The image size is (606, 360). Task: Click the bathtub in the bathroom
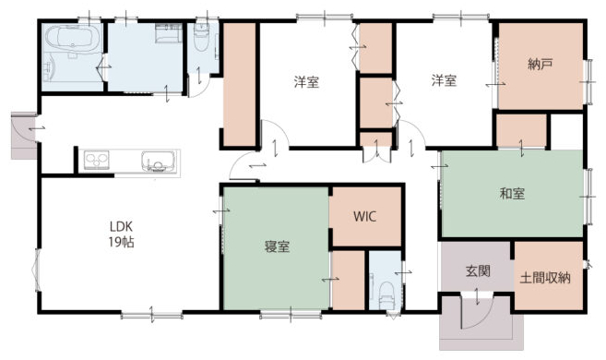pyautogui.click(x=73, y=40)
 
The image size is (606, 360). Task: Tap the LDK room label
pyautogui.click(x=121, y=226)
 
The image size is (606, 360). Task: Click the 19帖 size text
pyautogui.click(x=121, y=242)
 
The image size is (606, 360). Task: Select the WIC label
pyautogui.click(x=365, y=217)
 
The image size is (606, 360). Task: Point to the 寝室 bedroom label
pyautogui.click(x=277, y=246)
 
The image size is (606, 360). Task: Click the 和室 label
pyautogui.click(x=512, y=193)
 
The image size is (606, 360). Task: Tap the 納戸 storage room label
pyautogui.click(x=540, y=65)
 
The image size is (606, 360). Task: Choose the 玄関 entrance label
pyautogui.click(x=478, y=271)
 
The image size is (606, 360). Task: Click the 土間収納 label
pyautogui.click(x=545, y=278)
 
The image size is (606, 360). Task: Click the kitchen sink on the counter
pyautogui.click(x=158, y=162)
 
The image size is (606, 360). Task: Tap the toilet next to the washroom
pyautogui.click(x=201, y=38)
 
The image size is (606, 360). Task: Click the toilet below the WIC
pyautogui.click(x=386, y=294)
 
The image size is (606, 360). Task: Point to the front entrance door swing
pyautogui.click(x=475, y=312)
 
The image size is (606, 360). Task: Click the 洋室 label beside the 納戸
pyautogui.click(x=444, y=80)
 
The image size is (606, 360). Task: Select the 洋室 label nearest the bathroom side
pyautogui.click(x=306, y=82)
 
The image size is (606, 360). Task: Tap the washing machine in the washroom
pyautogui.click(x=169, y=33)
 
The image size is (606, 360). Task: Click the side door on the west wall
pyautogui.click(x=24, y=136)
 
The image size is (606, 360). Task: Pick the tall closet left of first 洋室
pyautogui.click(x=240, y=85)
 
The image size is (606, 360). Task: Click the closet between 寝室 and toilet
pyautogui.click(x=349, y=281)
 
